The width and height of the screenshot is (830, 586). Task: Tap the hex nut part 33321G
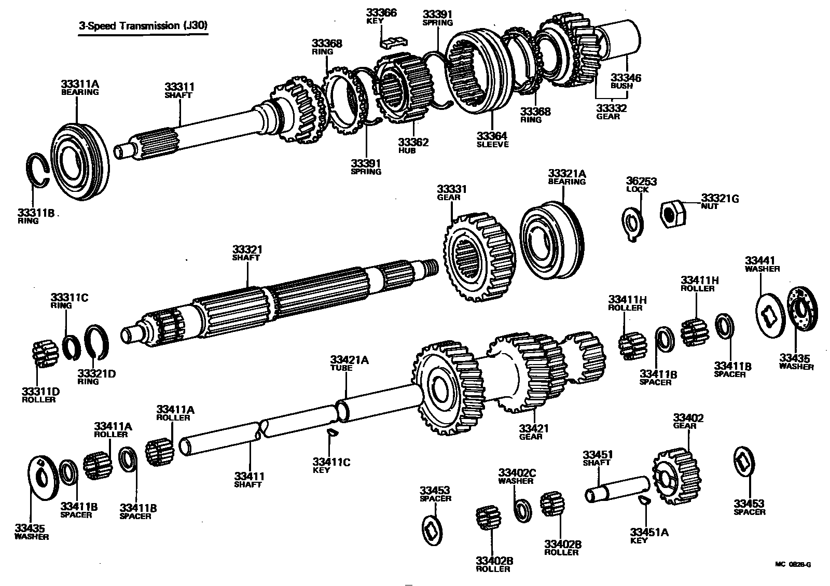[x=673, y=212]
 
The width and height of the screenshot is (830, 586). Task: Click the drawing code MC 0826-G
[x=793, y=564]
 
